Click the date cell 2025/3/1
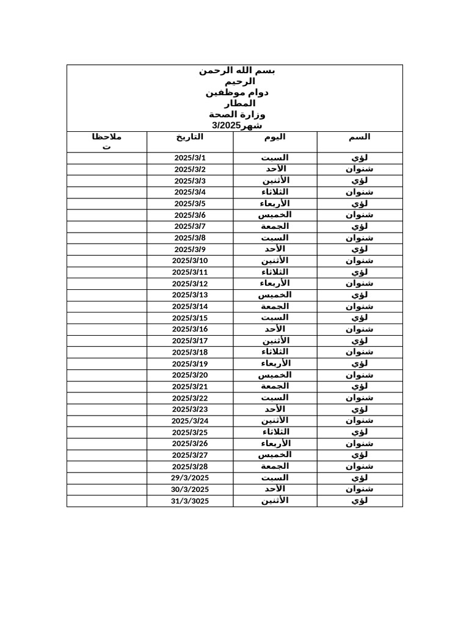point(190,158)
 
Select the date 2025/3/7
point(190,226)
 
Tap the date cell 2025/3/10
point(190,261)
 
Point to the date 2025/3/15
point(190,318)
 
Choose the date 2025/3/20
point(190,375)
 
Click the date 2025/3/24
point(190,421)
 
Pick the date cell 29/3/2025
point(190,478)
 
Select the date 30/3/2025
point(190,490)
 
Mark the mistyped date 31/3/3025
point(190,501)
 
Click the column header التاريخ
point(190,137)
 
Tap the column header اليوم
point(275,137)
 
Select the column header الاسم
point(360,137)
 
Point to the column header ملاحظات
point(107,142)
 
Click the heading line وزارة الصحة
point(237,115)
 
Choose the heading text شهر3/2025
point(237,126)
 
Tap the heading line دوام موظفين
point(237,93)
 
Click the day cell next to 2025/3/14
point(275,306)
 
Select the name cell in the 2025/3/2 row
point(360,169)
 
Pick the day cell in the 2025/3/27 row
point(275,455)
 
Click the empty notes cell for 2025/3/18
point(107,352)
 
